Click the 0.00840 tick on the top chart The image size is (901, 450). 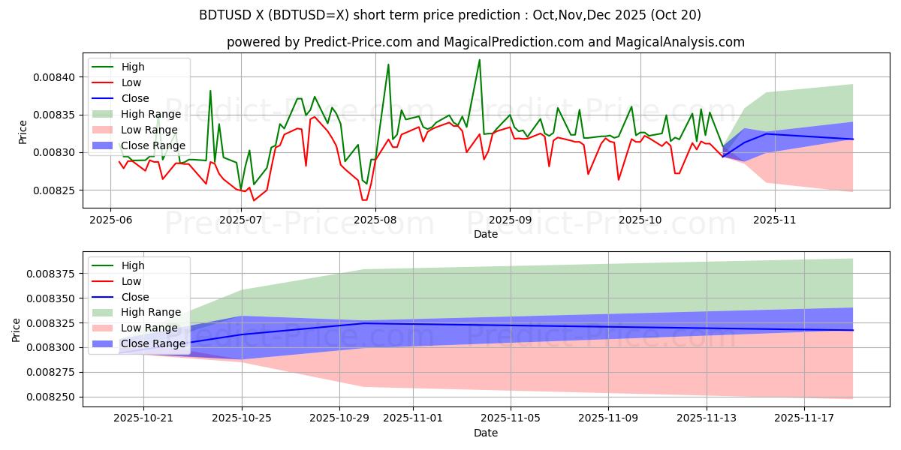coord(56,77)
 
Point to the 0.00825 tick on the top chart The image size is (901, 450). coord(56,190)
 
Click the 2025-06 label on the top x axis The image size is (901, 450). coord(110,220)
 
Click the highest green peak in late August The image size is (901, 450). coord(479,60)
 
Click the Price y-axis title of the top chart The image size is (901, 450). coord(23,131)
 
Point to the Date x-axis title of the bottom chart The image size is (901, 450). coord(485,433)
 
